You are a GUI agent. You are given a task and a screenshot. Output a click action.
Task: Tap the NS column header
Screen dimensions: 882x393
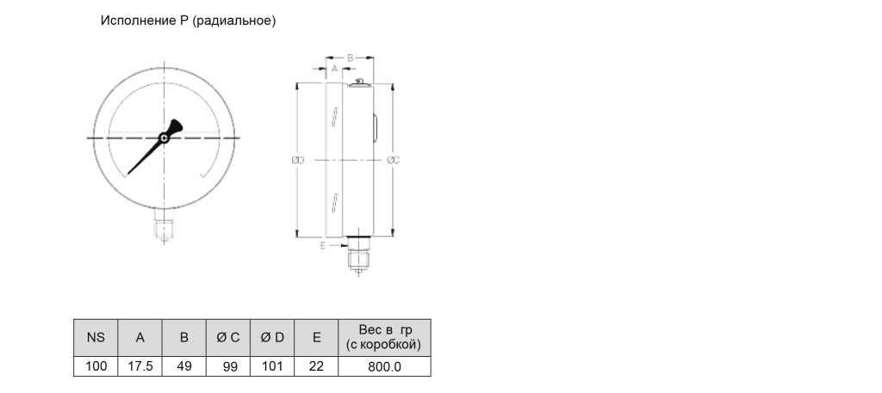pos(96,337)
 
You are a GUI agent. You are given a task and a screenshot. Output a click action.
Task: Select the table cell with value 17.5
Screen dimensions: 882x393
pos(140,366)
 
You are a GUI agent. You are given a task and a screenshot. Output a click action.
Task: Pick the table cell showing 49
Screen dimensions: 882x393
pos(184,366)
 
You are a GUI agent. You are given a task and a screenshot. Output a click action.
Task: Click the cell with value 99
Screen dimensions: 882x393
pos(228,366)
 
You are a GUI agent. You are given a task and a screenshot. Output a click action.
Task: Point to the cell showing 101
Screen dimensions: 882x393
pos(272,366)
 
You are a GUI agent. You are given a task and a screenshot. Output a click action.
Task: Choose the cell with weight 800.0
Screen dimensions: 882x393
pos(385,366)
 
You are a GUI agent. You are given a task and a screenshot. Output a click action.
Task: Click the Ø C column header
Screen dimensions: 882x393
pos(228,337)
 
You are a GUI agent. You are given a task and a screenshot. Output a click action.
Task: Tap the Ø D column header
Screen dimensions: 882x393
pos(272,337)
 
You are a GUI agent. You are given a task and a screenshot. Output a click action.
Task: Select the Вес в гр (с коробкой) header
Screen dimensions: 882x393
pos(385,337)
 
